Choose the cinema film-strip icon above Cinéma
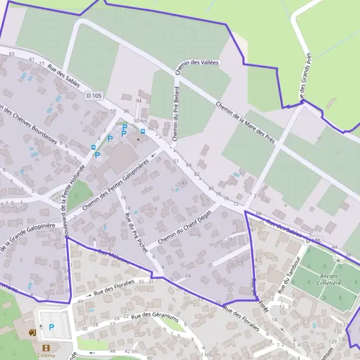click(x=46, y=347)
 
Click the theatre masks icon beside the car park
click(x=32, y=331)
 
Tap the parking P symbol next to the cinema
click(x=51, y=327)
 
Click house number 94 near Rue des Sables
click(x=139, y=100)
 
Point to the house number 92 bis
click(x=140, y=121)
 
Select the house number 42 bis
click(x=131, y=350)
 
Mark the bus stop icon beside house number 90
click(x=142, y=131)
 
